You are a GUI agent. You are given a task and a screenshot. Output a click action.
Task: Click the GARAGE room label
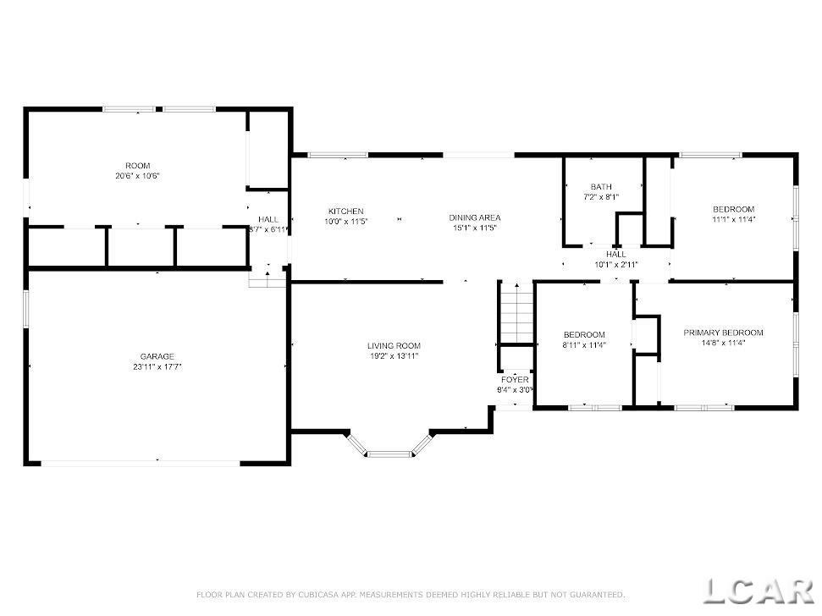click(157, 357)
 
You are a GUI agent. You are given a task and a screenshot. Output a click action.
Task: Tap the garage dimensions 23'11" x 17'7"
click(157, 366)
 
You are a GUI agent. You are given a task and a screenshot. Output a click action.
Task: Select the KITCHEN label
click(346, 211)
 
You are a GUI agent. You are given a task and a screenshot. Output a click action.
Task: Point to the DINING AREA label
click(475, 217)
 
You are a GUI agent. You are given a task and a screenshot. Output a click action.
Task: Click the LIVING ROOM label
click(394, 346)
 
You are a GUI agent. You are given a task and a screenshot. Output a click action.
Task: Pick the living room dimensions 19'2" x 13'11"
click(394, 355)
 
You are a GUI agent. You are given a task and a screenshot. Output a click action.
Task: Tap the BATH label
click(601, 187)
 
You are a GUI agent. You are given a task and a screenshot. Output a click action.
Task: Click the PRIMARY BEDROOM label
click(724, 333)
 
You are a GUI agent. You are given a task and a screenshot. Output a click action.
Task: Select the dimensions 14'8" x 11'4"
click(724, 343)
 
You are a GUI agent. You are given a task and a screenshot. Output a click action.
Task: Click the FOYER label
click(516, 380)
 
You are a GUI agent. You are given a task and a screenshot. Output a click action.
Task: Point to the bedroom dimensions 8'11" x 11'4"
click(584, 345)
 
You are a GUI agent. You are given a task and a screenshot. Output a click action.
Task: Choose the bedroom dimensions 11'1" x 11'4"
click(734, 219)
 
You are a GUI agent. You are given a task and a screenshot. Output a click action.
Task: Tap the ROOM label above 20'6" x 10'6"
click(138, 166)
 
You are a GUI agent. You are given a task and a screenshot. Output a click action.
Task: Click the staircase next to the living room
click(517, 313)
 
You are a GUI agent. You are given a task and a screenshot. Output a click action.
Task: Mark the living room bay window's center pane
click(390, 454)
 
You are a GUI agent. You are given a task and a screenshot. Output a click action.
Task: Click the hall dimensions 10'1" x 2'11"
click(616, 265)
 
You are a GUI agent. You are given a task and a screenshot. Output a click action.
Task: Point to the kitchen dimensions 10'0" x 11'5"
click(346, 222)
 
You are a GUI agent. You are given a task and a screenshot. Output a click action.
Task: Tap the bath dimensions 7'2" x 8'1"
click(601, 197)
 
